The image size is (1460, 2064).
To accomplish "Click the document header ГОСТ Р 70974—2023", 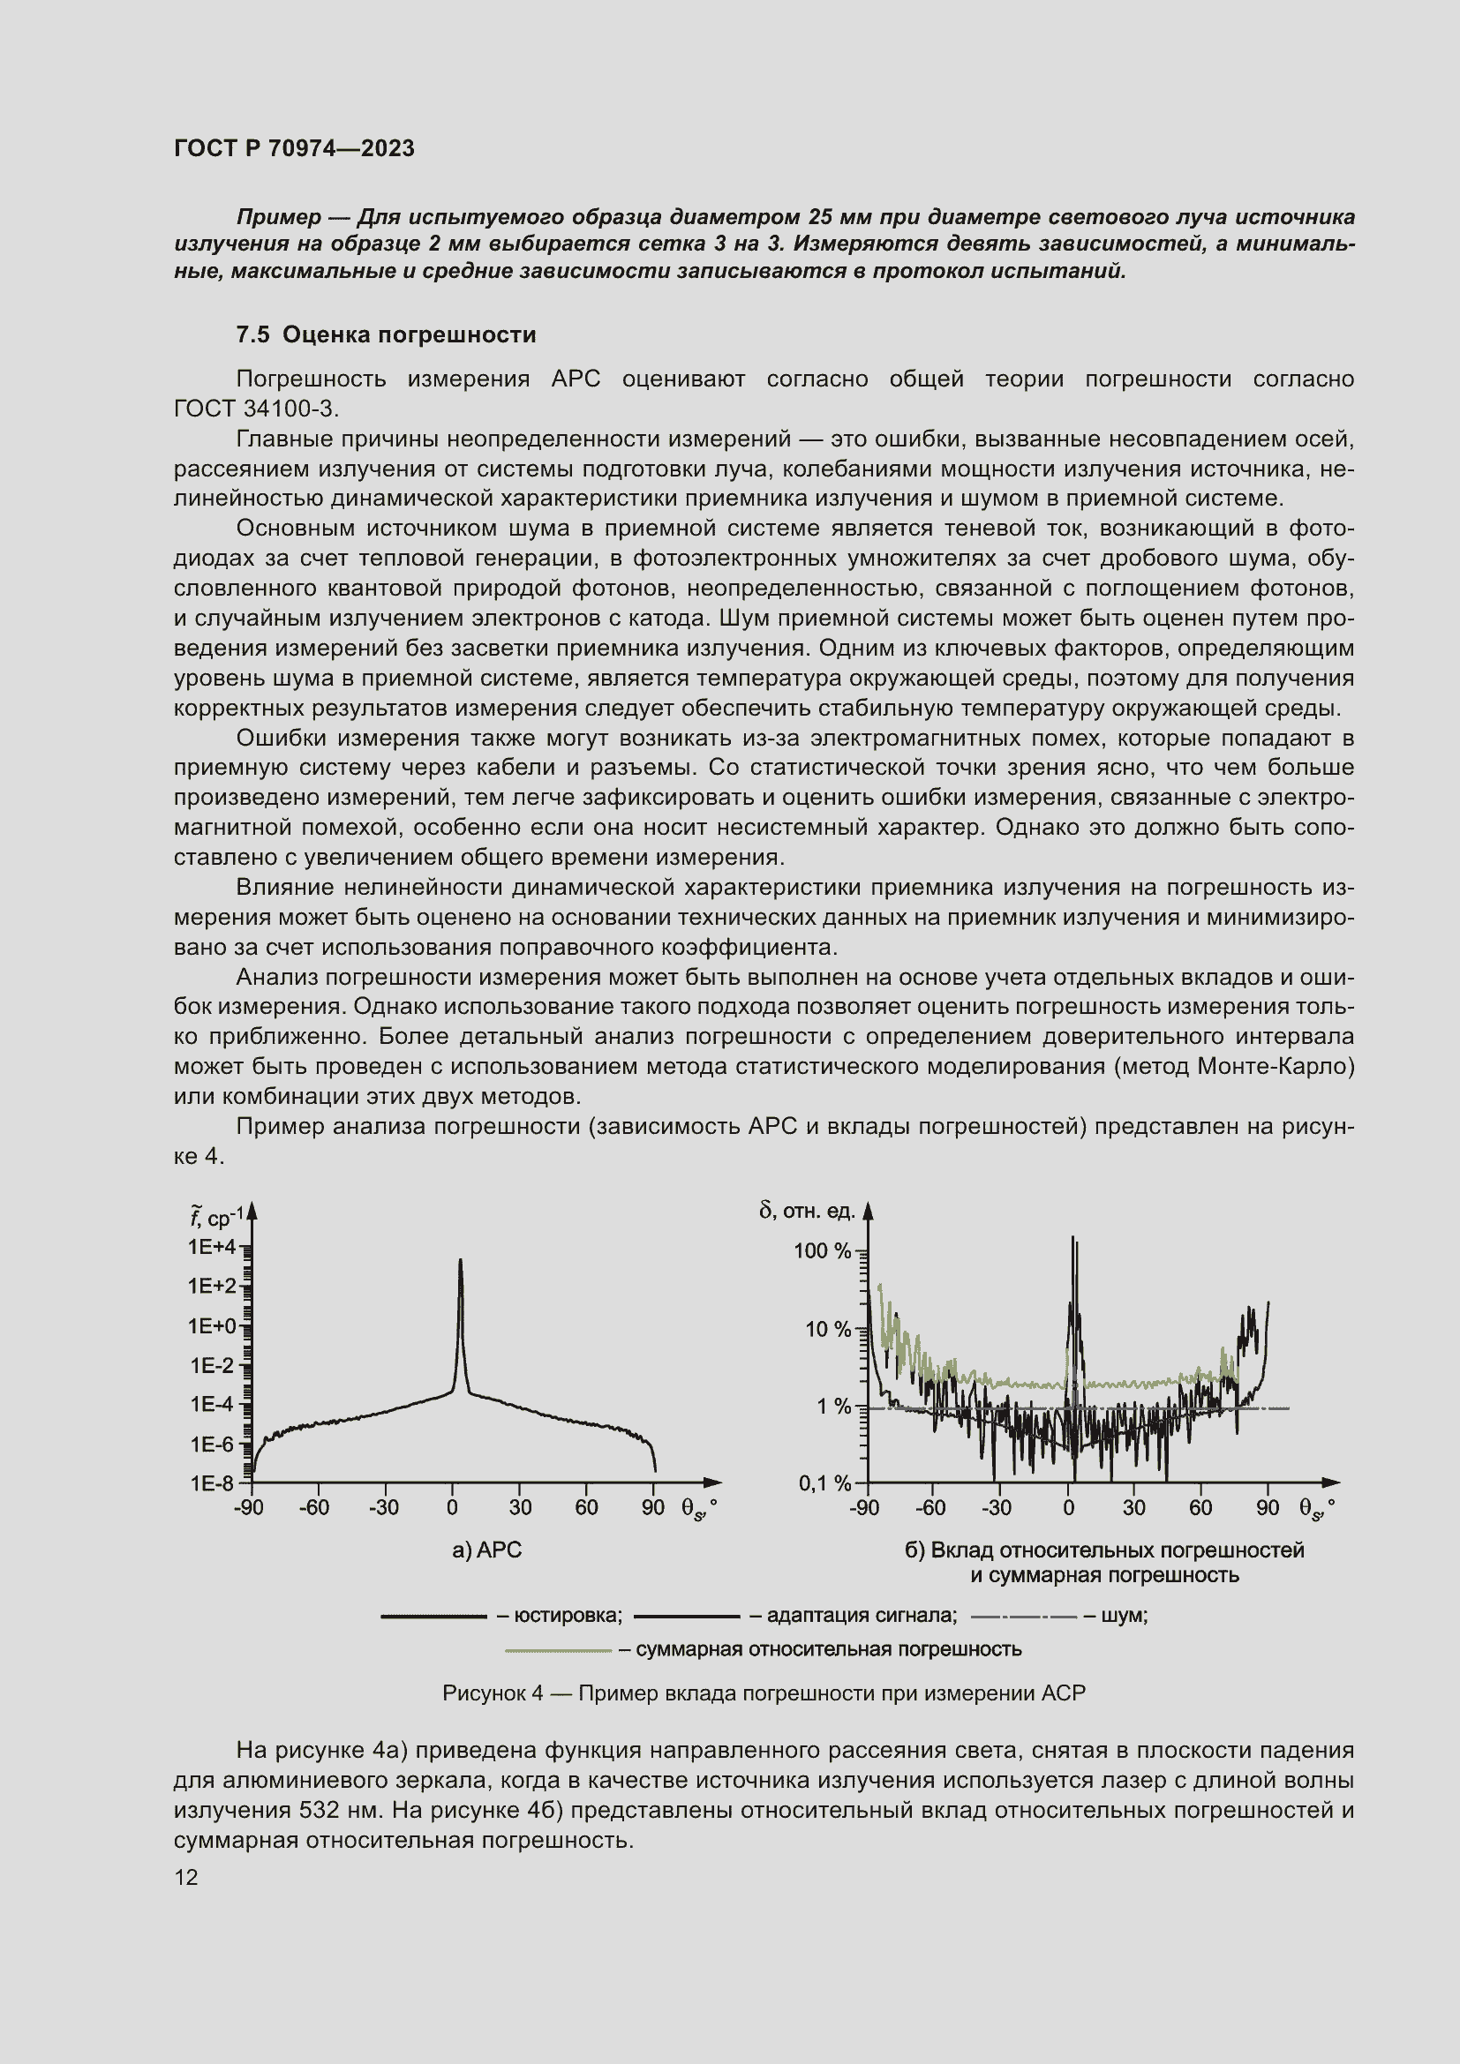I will pos(294,148).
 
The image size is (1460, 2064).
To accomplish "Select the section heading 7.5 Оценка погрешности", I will pos(386,334).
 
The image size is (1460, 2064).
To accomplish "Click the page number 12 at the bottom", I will pos(186,1877).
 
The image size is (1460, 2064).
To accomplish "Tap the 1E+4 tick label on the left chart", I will pos(211,1247).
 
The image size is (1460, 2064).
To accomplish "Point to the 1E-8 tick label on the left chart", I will pos(211,1482).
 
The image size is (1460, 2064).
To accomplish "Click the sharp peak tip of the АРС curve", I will pos(460,1261).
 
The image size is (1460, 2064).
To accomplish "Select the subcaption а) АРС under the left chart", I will pos(486,1549).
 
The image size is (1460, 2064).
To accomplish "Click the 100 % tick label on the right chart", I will pos(822,1250).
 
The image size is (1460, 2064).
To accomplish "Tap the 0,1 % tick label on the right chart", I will pos(824,1482).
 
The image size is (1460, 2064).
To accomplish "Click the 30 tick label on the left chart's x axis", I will pos(520,1507).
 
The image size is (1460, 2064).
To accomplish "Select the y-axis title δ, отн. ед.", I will pos(807,1211).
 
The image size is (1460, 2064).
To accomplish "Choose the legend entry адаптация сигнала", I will pos(862,1616).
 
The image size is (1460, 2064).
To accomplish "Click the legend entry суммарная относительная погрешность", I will pos(828,1649).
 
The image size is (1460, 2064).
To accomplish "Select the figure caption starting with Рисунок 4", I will pos(764,1693).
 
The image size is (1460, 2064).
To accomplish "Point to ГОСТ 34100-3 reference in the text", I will pos(255,409).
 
